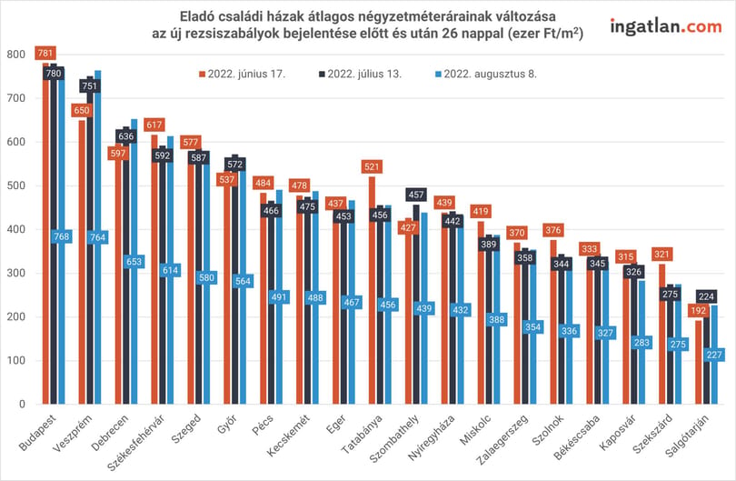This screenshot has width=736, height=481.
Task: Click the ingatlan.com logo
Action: (666, 26)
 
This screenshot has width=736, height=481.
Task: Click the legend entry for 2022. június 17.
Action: (243, 74)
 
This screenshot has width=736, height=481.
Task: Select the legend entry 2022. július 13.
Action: (360, 74)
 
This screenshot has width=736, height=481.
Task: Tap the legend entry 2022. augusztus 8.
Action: (486, 74)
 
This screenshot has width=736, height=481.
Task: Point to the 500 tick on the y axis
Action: (16, 185)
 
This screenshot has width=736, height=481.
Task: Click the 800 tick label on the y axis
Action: (16, 55)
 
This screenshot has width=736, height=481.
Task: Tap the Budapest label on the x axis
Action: (37, 433)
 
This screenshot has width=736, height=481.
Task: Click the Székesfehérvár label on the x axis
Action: (135, 443)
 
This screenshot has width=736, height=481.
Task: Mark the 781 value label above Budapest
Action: (45, 53)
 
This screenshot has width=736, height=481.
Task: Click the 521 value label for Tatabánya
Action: (372, 166)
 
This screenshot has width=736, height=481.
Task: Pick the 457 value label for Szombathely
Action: (416, 195)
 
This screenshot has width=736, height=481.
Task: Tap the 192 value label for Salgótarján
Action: (699, 310)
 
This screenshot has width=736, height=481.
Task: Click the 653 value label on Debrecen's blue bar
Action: (134, 262)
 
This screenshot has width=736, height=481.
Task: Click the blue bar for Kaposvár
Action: (642, 342)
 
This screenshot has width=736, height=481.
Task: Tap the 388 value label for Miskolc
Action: (497, 320)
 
